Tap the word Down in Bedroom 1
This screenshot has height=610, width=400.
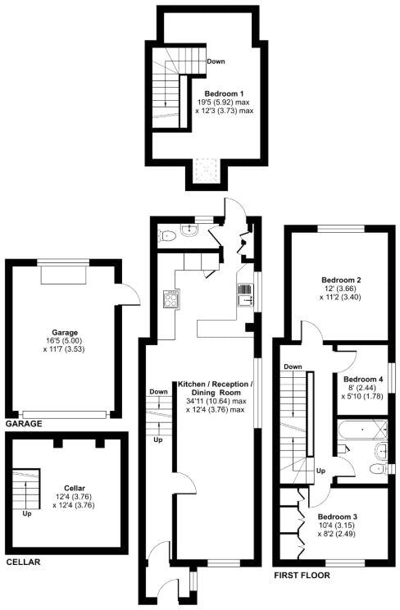click(216, 61)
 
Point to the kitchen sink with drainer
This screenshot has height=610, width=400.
click(243, 294)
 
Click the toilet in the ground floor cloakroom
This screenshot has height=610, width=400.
click(168, 236)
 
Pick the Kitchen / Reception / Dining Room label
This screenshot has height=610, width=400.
click(216, 389)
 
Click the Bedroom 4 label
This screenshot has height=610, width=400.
click(364, 380)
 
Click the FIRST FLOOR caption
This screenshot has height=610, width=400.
click(302, 576)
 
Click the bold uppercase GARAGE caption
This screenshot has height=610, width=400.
click(24, 424)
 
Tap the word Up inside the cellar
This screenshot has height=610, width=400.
click(27, 514)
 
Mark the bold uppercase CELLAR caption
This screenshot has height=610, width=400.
click(22, 562)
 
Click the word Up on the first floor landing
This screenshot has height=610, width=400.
click(321, 471)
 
